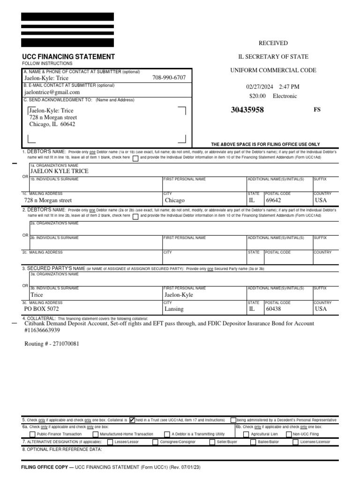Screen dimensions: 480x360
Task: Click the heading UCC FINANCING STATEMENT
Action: pos(68,57)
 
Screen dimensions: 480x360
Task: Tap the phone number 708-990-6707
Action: pos(169,77)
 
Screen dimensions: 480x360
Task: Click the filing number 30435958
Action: pos(247,110)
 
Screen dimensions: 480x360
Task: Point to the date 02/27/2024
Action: pos(259,87)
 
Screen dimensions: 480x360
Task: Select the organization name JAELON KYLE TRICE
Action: pos(59,172)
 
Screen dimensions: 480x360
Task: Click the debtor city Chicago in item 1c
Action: pos(174,200)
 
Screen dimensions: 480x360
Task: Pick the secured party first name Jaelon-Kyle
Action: pos(179,295)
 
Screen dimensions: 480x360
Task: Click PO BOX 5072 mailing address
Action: pos(42,309)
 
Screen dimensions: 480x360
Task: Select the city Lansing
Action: pos(174,309)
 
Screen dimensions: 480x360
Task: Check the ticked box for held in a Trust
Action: pos(132,420)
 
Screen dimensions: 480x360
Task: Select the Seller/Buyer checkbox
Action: pos(212,442)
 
